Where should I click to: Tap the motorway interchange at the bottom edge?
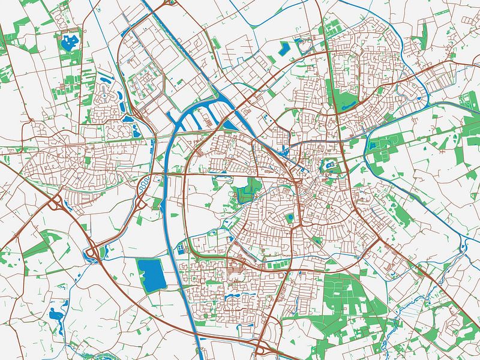[x=264, y=350]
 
